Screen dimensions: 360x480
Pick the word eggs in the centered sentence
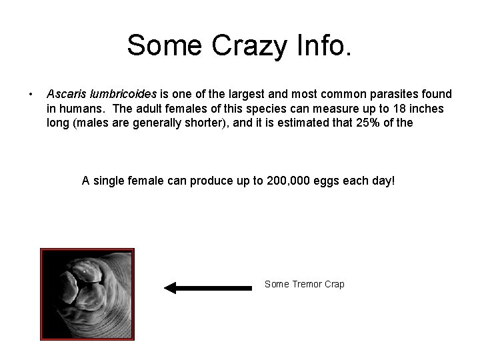[x=336, y=180]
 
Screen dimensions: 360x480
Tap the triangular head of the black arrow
[x=171, y=287]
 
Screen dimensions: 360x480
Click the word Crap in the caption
[x=335, y=284]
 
